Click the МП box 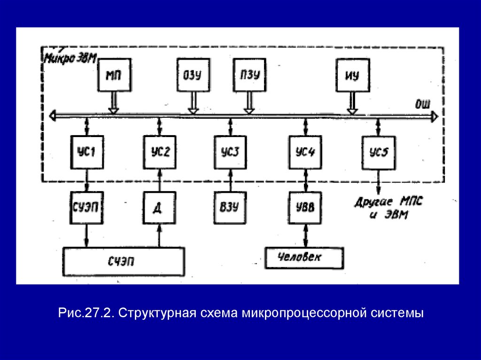114,74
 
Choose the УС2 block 160,152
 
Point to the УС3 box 230,152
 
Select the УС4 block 306,152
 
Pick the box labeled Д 160,207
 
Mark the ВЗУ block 230,207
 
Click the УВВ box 306,207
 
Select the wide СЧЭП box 124,261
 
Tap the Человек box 304,258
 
